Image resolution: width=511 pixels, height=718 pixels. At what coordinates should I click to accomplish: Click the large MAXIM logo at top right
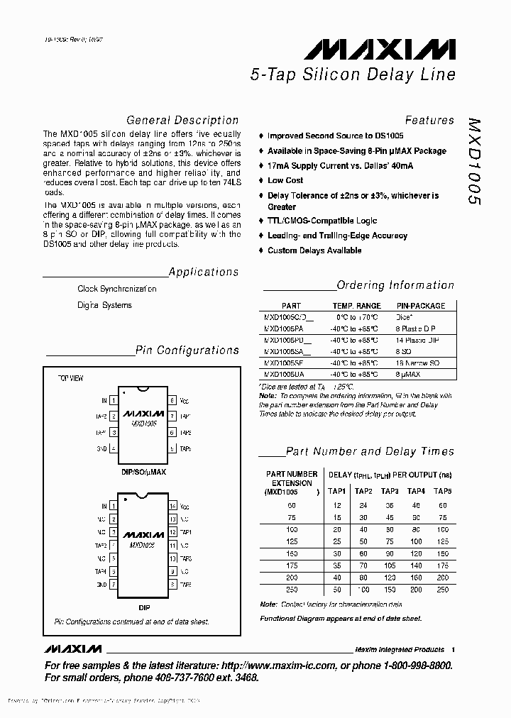(380, 50)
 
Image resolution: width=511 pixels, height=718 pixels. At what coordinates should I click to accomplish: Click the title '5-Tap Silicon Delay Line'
(352, 74)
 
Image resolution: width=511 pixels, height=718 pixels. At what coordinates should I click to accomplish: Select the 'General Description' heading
(182, 121)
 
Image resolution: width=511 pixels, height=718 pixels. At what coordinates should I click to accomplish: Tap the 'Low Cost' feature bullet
(285, 181)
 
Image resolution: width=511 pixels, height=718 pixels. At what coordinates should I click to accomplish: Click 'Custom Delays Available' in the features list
(314, 250)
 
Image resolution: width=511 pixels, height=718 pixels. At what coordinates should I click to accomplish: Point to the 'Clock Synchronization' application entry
(117, 289)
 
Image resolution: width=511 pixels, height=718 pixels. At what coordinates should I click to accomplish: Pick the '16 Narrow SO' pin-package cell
(418, 362)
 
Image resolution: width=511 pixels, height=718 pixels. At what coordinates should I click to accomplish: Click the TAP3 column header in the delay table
(390, 491)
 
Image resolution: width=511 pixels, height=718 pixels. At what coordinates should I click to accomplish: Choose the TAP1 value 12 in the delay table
(337, 504)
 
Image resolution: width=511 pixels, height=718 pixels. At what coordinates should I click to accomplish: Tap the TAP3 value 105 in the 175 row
(390, 565)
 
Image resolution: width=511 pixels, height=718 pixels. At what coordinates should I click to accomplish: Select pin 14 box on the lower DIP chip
(172, 507)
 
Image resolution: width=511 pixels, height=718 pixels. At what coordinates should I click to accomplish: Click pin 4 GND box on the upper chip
(113, 449)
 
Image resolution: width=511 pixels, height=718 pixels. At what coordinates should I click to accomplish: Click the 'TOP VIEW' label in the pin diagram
(70, 379)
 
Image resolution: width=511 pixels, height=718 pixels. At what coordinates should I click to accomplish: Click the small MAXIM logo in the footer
(72, 649)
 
